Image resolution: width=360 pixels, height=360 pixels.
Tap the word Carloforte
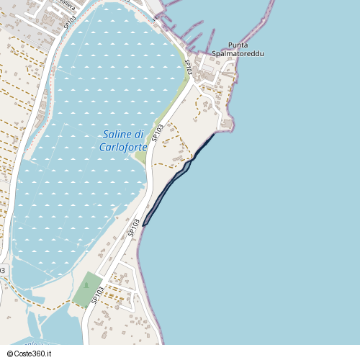[123, 147]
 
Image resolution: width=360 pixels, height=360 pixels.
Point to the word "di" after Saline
[140, 135]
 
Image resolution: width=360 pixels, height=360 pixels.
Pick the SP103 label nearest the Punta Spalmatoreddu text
[188, 66]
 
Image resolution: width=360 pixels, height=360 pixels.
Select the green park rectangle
[86, 289]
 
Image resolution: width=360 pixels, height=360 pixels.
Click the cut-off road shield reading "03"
[2, 270]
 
